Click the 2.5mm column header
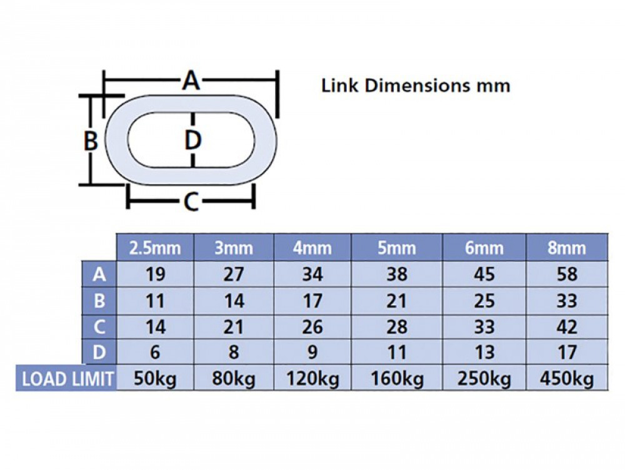[154, 248]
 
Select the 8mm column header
[566, 248]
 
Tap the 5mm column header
[397, 248]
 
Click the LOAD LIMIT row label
[67, 378]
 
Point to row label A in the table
[99, 274]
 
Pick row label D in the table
[99, 352]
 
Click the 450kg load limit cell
[567, 379]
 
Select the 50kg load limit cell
[154, 379]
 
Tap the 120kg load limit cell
[313, 379]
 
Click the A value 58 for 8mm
[567, 274]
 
